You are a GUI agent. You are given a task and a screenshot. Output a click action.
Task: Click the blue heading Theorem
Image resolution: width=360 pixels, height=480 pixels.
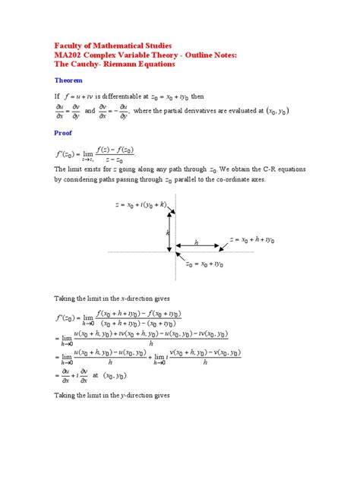(x=67, y=80)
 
